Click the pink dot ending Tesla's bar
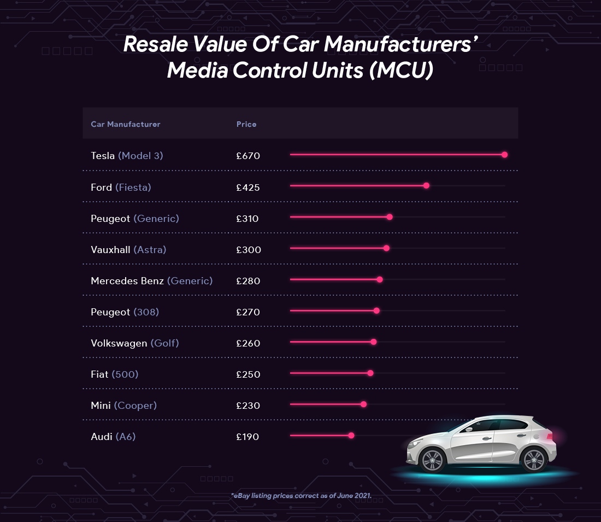click(x=504, y=155)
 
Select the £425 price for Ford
click(x=248, y=187)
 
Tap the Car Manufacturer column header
click(x=126, y=124)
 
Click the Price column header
click(x=246, y=124)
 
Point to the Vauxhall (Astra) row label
click(x=128, y=250)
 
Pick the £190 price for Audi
click(x=248, y=437)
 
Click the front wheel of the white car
click(x=433, y=460)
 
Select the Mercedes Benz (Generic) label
click(x=151, y=281)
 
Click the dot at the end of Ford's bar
click(x=426, y=186)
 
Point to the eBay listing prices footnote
click(x=301, y=496)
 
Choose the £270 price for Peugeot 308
click(x=248, y=312)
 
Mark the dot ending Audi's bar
click(x=351, y=436)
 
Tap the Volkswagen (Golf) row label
click(x=135, y=343)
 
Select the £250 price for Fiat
click(x=248, y=374)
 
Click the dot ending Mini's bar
click(x=363, y=404)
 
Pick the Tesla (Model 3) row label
click(x=127, y=156)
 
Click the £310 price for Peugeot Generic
click(x=248, y=219)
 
